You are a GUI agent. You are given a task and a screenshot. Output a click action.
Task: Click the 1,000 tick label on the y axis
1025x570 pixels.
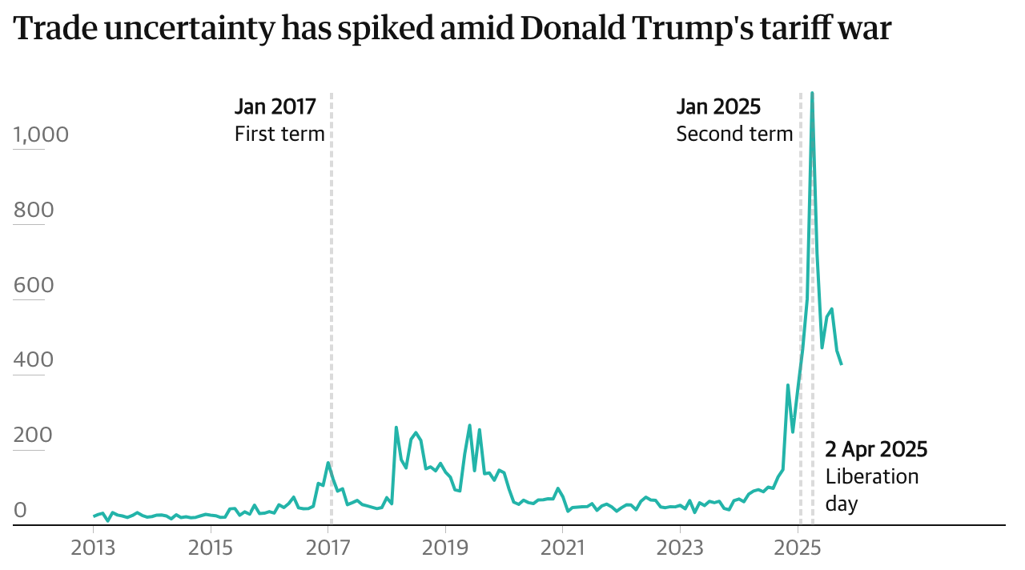(x=41, y=134)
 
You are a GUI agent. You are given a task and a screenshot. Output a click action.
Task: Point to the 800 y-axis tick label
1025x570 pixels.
(x=34, y=211)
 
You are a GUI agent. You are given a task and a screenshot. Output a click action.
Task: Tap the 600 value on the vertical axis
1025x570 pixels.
(x=34, y=286)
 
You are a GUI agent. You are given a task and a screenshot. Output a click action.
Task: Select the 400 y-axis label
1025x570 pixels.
(x=34, y=360)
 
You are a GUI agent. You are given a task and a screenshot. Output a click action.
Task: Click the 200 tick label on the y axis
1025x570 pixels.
(x=34, y=436)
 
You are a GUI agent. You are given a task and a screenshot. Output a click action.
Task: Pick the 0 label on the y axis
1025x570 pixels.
(x=20, y=510)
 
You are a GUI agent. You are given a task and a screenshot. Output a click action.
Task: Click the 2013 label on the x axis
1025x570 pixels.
(x=94, y=548)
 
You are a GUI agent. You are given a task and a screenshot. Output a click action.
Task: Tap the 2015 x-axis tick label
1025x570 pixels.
(x=211, y=548)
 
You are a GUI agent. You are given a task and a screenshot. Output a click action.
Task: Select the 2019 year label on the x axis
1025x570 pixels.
(x=445, y=548)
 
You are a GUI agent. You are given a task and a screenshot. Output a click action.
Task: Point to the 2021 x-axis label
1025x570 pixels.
(x=563, y=548)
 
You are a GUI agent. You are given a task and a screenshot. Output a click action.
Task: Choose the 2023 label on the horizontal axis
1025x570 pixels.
(x=680, y=548)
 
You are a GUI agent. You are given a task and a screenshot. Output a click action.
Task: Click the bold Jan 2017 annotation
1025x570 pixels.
(x=275, y=106)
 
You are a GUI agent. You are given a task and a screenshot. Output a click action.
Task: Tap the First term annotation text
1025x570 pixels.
(x=279, y=134)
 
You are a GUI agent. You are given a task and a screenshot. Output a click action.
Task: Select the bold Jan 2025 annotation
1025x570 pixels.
(x=718, y=106)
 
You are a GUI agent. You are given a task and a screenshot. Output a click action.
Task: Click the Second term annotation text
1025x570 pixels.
(x=734, y=134)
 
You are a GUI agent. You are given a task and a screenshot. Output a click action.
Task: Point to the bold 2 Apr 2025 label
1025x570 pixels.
(x=876, y=449)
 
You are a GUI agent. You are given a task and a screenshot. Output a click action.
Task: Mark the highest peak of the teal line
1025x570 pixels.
(x=812, y=93)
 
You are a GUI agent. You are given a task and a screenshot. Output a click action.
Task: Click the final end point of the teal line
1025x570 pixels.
(x=842, y=365)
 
